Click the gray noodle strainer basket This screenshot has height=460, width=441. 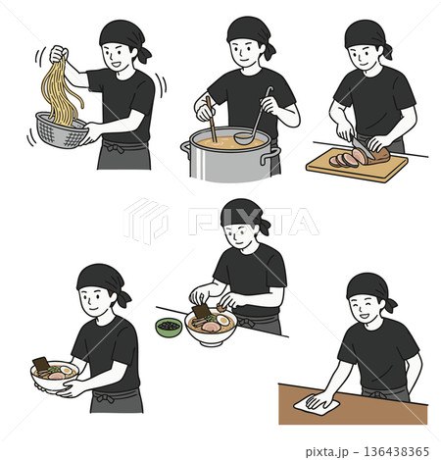61,131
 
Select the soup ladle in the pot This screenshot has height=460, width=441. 253,125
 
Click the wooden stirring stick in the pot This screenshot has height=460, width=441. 212,120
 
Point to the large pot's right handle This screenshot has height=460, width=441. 269,156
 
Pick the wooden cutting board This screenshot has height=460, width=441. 357,166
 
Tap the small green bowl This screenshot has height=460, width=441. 169,328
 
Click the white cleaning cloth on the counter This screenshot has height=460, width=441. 317,404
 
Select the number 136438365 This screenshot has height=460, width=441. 396,451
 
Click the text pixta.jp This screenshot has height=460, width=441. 325,452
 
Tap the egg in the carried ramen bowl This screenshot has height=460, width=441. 66,370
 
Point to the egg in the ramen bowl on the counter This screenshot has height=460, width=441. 223,320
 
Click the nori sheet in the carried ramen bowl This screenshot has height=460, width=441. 41,364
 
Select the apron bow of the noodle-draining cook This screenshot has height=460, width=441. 114,148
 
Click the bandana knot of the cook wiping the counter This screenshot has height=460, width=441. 390,305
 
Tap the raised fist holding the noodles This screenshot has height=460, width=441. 59,53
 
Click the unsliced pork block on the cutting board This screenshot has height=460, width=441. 379,155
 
